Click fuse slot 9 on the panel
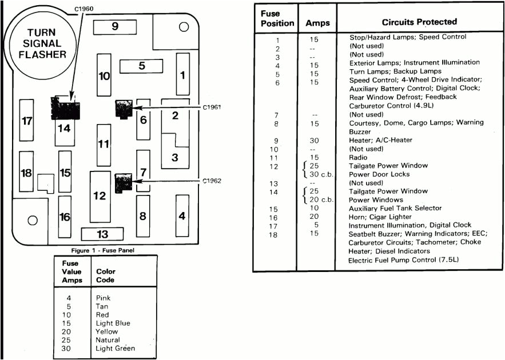pyautogui.click(x=115, y=26)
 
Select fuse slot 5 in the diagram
pyautogui.click(x=142, y=66)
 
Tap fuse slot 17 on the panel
pyautogui.click(x=26, y=121)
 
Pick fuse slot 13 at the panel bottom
pyautogui.click(x=102, y=234)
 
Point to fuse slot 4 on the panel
pyautogui.click(x=182, y=215)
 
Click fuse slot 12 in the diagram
pyautogui.click(x=100, y=196)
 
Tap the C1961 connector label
pyautogui.click(x=212, y=107)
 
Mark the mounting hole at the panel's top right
pyautogui.click(x=184, y=27)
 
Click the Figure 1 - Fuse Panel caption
pyautogui.click(x=102, y=250)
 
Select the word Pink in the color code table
pyautogui.click(x=104, y=298)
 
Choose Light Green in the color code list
pyautogui.click(x=116, y=349)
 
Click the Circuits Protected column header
pyautogui.click(x=419, y=22)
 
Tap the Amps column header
pyautogui.click(x=317, y=23)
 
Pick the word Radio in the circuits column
pyautogui.click(x=359, y=157)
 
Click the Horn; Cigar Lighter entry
pyautogui.click(x=380, y=217)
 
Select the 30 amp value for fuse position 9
pyautogui.click(x=313, y=140)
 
